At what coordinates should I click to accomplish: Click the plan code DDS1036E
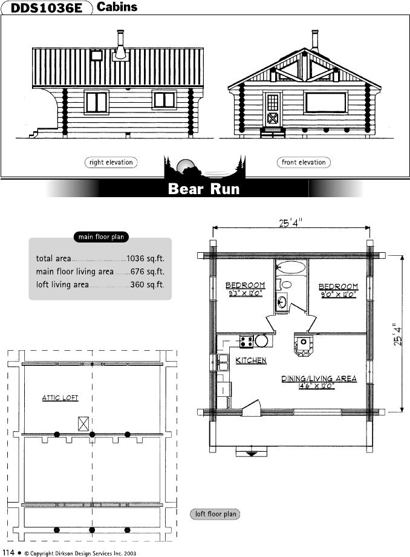47,8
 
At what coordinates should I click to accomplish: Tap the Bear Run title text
204,189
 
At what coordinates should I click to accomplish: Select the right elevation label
111,162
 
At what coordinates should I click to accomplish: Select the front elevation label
304,162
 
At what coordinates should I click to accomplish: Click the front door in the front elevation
272,109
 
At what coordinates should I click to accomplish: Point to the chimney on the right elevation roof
121,45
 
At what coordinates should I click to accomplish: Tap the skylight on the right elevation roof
96,56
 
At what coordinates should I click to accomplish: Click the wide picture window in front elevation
325,102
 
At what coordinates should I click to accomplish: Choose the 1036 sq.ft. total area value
146,259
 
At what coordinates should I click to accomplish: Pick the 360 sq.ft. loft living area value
148,284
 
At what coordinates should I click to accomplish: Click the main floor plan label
101,237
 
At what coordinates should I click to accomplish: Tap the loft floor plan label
215,514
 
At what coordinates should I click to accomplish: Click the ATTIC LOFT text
60,398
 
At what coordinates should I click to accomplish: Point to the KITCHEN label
251,360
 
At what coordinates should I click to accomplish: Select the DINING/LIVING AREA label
319,379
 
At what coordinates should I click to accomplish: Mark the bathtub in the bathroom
291,267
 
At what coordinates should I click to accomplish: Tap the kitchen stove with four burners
246,341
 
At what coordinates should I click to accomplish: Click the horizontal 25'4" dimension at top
291,223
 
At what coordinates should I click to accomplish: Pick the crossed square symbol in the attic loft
83,423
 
